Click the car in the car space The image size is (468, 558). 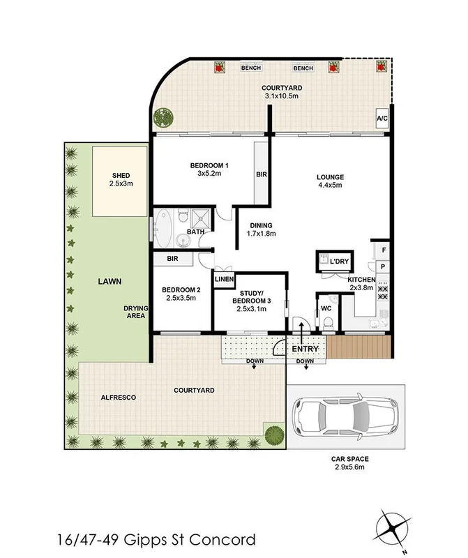tap(345, 418)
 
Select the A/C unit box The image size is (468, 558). tap(382, 119)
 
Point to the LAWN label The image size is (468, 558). tap(110, 282)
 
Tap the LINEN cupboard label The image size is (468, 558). tap(223, 280)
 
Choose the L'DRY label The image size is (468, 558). tap(339, 262)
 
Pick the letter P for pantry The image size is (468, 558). tap(383, 267)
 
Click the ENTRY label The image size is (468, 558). tap(305, 349)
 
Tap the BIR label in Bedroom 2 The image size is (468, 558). tap(173, 259)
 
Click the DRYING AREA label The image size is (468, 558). tap(135, 311)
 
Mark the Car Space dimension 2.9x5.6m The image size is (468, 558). tap(350, 467)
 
